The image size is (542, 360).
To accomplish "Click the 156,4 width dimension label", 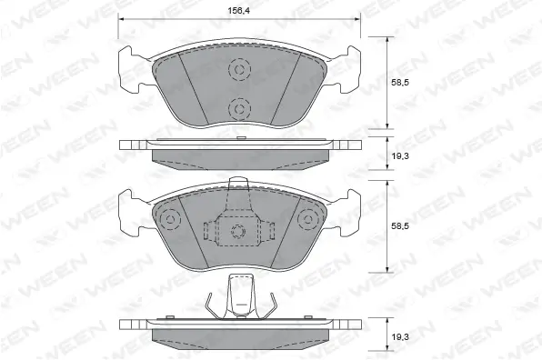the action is [x=239, y=10].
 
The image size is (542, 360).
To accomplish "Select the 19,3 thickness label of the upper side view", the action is [x=400, y=156].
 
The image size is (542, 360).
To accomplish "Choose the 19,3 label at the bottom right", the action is [x=400, y=337].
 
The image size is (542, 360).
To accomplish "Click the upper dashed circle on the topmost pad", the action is [x=239, y=69].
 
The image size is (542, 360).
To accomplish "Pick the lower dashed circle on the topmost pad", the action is [x=239, y=109].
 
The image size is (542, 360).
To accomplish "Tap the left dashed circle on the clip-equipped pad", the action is [x=170, y=219].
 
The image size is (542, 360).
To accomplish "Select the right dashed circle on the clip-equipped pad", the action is [x=308, y=219].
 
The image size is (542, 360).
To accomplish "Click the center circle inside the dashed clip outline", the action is [x=238, y=231].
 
